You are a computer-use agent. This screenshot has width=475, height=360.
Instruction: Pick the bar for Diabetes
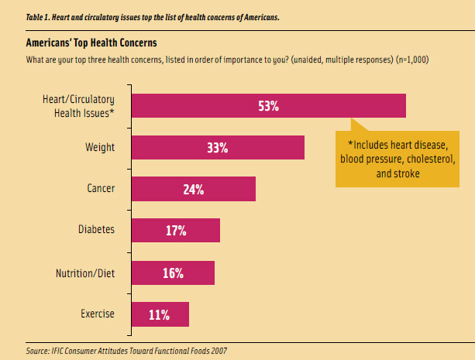(155, 231)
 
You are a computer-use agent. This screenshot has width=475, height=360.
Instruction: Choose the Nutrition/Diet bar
(151, 273)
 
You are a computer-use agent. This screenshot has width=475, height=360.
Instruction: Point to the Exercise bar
(143, 314)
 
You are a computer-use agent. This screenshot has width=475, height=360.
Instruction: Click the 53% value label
(269, 105)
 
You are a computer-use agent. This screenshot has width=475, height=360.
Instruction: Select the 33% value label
(217, 147)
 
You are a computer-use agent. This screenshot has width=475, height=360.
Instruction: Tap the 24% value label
(193, 189)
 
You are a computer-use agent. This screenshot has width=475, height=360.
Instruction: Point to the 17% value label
(175, 231)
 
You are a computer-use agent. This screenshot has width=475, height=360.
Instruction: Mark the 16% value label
(172, 273)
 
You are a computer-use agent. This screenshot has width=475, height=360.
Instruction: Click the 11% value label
(159, 314)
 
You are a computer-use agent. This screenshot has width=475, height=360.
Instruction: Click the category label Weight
(100, 146)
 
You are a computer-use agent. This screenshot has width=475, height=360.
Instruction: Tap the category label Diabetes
(95, 230)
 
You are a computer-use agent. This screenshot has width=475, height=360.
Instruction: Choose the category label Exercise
(98, 314)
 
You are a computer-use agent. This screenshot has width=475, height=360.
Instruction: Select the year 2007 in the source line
(217, 350)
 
